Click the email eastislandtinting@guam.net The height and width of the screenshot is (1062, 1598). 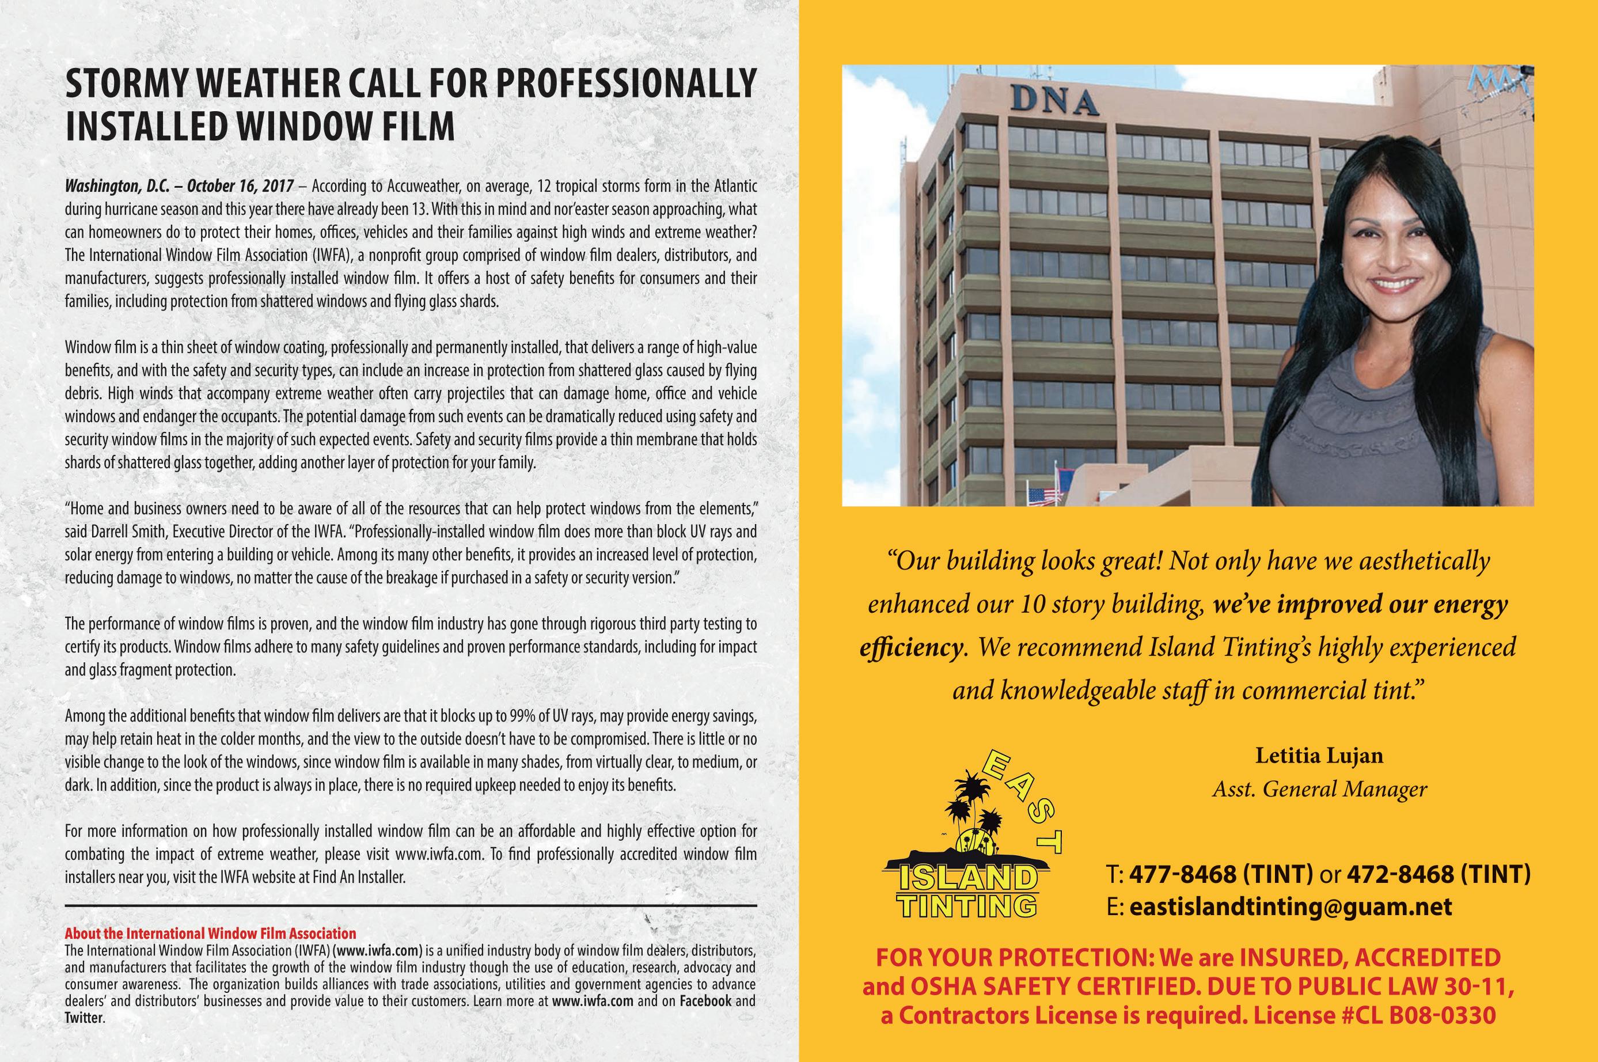[1290, 907]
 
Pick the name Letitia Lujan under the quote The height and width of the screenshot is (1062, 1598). [1319, 756]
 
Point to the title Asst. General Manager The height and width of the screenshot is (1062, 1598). [1319, 789]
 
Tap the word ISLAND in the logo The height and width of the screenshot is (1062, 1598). [967, 878]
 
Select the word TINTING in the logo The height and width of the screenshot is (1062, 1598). [967, 904]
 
